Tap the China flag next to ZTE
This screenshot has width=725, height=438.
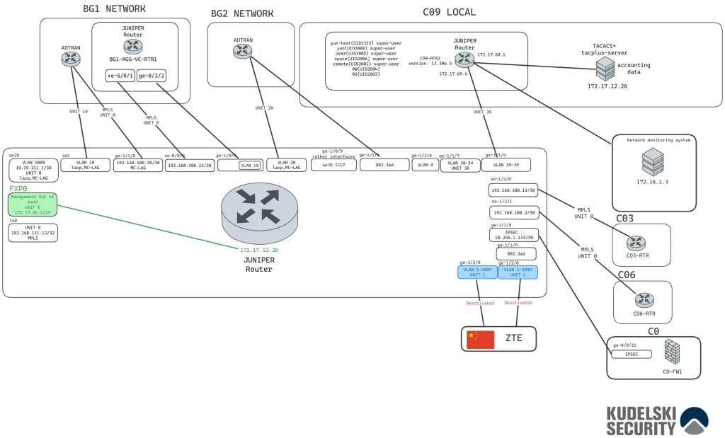[480, 340]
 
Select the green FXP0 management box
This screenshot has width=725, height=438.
[33, 204]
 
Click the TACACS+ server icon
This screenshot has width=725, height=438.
[605, 69]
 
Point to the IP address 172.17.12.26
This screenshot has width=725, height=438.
[607, 86]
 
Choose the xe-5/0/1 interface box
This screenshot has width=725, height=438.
[120, 76]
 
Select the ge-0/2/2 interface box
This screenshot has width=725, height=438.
[152, 76]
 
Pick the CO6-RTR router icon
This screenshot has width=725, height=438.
[644, 300]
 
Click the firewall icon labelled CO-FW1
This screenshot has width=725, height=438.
[672, 352]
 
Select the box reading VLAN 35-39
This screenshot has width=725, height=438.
[506, 166]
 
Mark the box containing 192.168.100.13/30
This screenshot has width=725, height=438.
[513, 190]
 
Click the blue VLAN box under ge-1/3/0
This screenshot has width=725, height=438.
[477, 272]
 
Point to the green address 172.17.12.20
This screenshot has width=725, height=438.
[259, 250]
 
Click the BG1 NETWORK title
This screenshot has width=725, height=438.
[115, 9]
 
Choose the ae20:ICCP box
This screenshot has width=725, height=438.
[333, 166]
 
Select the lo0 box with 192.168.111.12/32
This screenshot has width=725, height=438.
[33, 233]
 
